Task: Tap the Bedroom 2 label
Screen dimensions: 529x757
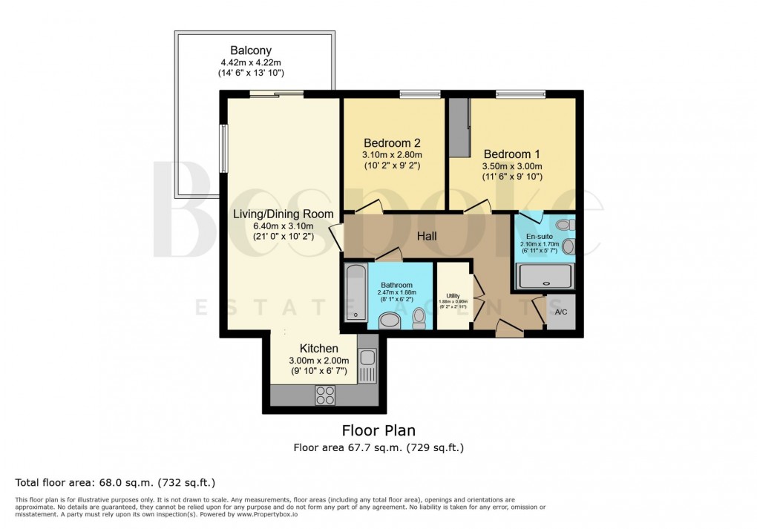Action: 392,142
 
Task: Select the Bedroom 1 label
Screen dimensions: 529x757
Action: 512,154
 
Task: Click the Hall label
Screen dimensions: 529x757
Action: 426,237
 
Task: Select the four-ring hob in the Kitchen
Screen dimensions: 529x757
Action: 324,395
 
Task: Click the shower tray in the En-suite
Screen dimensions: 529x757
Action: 545,277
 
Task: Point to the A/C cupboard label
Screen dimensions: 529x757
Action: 561,312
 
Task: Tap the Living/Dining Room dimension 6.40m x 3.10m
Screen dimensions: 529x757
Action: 273,226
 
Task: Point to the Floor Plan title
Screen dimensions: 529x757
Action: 378,430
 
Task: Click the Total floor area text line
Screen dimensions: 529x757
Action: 115,482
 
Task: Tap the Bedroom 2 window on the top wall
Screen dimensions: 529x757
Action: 420,94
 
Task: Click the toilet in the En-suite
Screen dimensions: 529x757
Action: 563,224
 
